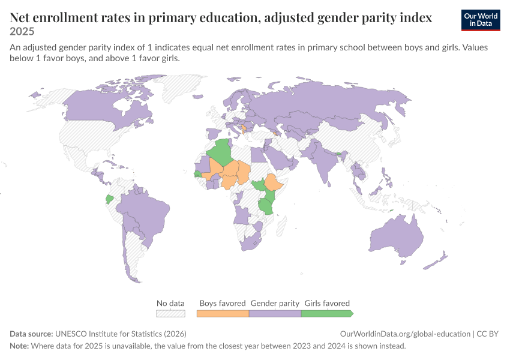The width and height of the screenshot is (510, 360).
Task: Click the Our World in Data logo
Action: click(481, 20)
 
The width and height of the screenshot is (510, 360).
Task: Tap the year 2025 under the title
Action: click(22, 31)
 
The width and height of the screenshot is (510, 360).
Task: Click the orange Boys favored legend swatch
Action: click(223, 313)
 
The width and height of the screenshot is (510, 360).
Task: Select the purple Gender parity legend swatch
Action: click(275, 313)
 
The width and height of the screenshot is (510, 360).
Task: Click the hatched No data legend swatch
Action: click(171, 313)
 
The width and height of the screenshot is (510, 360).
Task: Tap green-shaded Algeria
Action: click(221, 152)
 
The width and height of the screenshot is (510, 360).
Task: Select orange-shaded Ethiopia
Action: click(273, 182)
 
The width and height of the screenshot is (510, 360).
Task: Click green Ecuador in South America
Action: click(110, 199)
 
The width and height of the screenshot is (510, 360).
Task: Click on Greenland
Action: click(179, 87)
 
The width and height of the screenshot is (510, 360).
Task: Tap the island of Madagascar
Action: click(281, 226)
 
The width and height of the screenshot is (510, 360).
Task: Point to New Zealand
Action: click(436, 260)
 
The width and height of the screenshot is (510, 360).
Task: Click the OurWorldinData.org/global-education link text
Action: click(405, 334)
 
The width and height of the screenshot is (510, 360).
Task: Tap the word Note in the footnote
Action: click(19, 346)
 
